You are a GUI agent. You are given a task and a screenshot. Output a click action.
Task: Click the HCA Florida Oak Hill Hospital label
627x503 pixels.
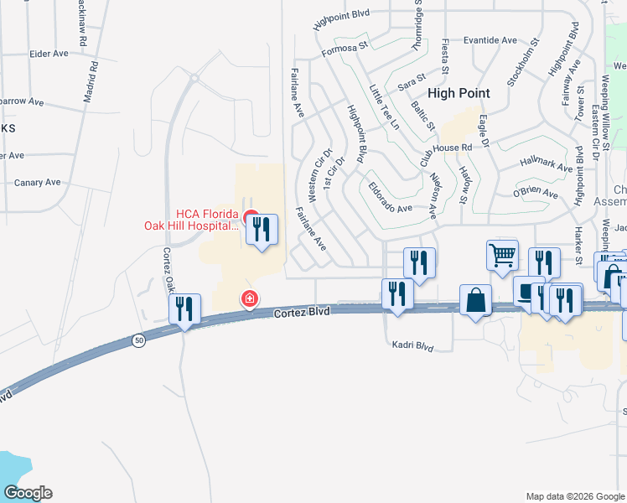190,219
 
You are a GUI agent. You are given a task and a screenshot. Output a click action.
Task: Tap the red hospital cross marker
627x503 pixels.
249,298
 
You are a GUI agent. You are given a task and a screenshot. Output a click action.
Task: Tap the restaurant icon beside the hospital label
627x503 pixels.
262,229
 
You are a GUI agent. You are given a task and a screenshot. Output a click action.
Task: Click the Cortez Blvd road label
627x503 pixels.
302,312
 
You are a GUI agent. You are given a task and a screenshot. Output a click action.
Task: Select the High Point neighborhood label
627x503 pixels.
459,95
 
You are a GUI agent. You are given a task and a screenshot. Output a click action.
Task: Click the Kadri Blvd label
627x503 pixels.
412,345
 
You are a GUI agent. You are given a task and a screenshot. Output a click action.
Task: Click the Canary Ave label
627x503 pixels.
38,182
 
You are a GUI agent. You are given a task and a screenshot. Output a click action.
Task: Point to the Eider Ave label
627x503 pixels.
48,54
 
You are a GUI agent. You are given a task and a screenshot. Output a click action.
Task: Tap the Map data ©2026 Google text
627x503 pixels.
575,496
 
